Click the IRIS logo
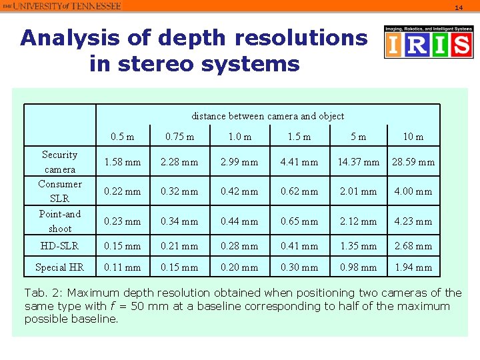tap(428, 42)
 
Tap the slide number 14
tap(458, 7)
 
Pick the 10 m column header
tap(413, 137)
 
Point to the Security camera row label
tap(59, 162)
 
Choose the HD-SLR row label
tap(59, 246)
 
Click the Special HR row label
tap(59, 267)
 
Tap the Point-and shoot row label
tap(59, 221)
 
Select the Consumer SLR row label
tap(59, 191)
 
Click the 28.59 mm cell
tap(413, 162)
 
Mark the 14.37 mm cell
tap(358, 162)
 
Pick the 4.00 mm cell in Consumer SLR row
tap(413, 191)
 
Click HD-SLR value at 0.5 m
tap(123, 246)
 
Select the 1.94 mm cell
tap(413, 267)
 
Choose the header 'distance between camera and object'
tap(267, 116)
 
